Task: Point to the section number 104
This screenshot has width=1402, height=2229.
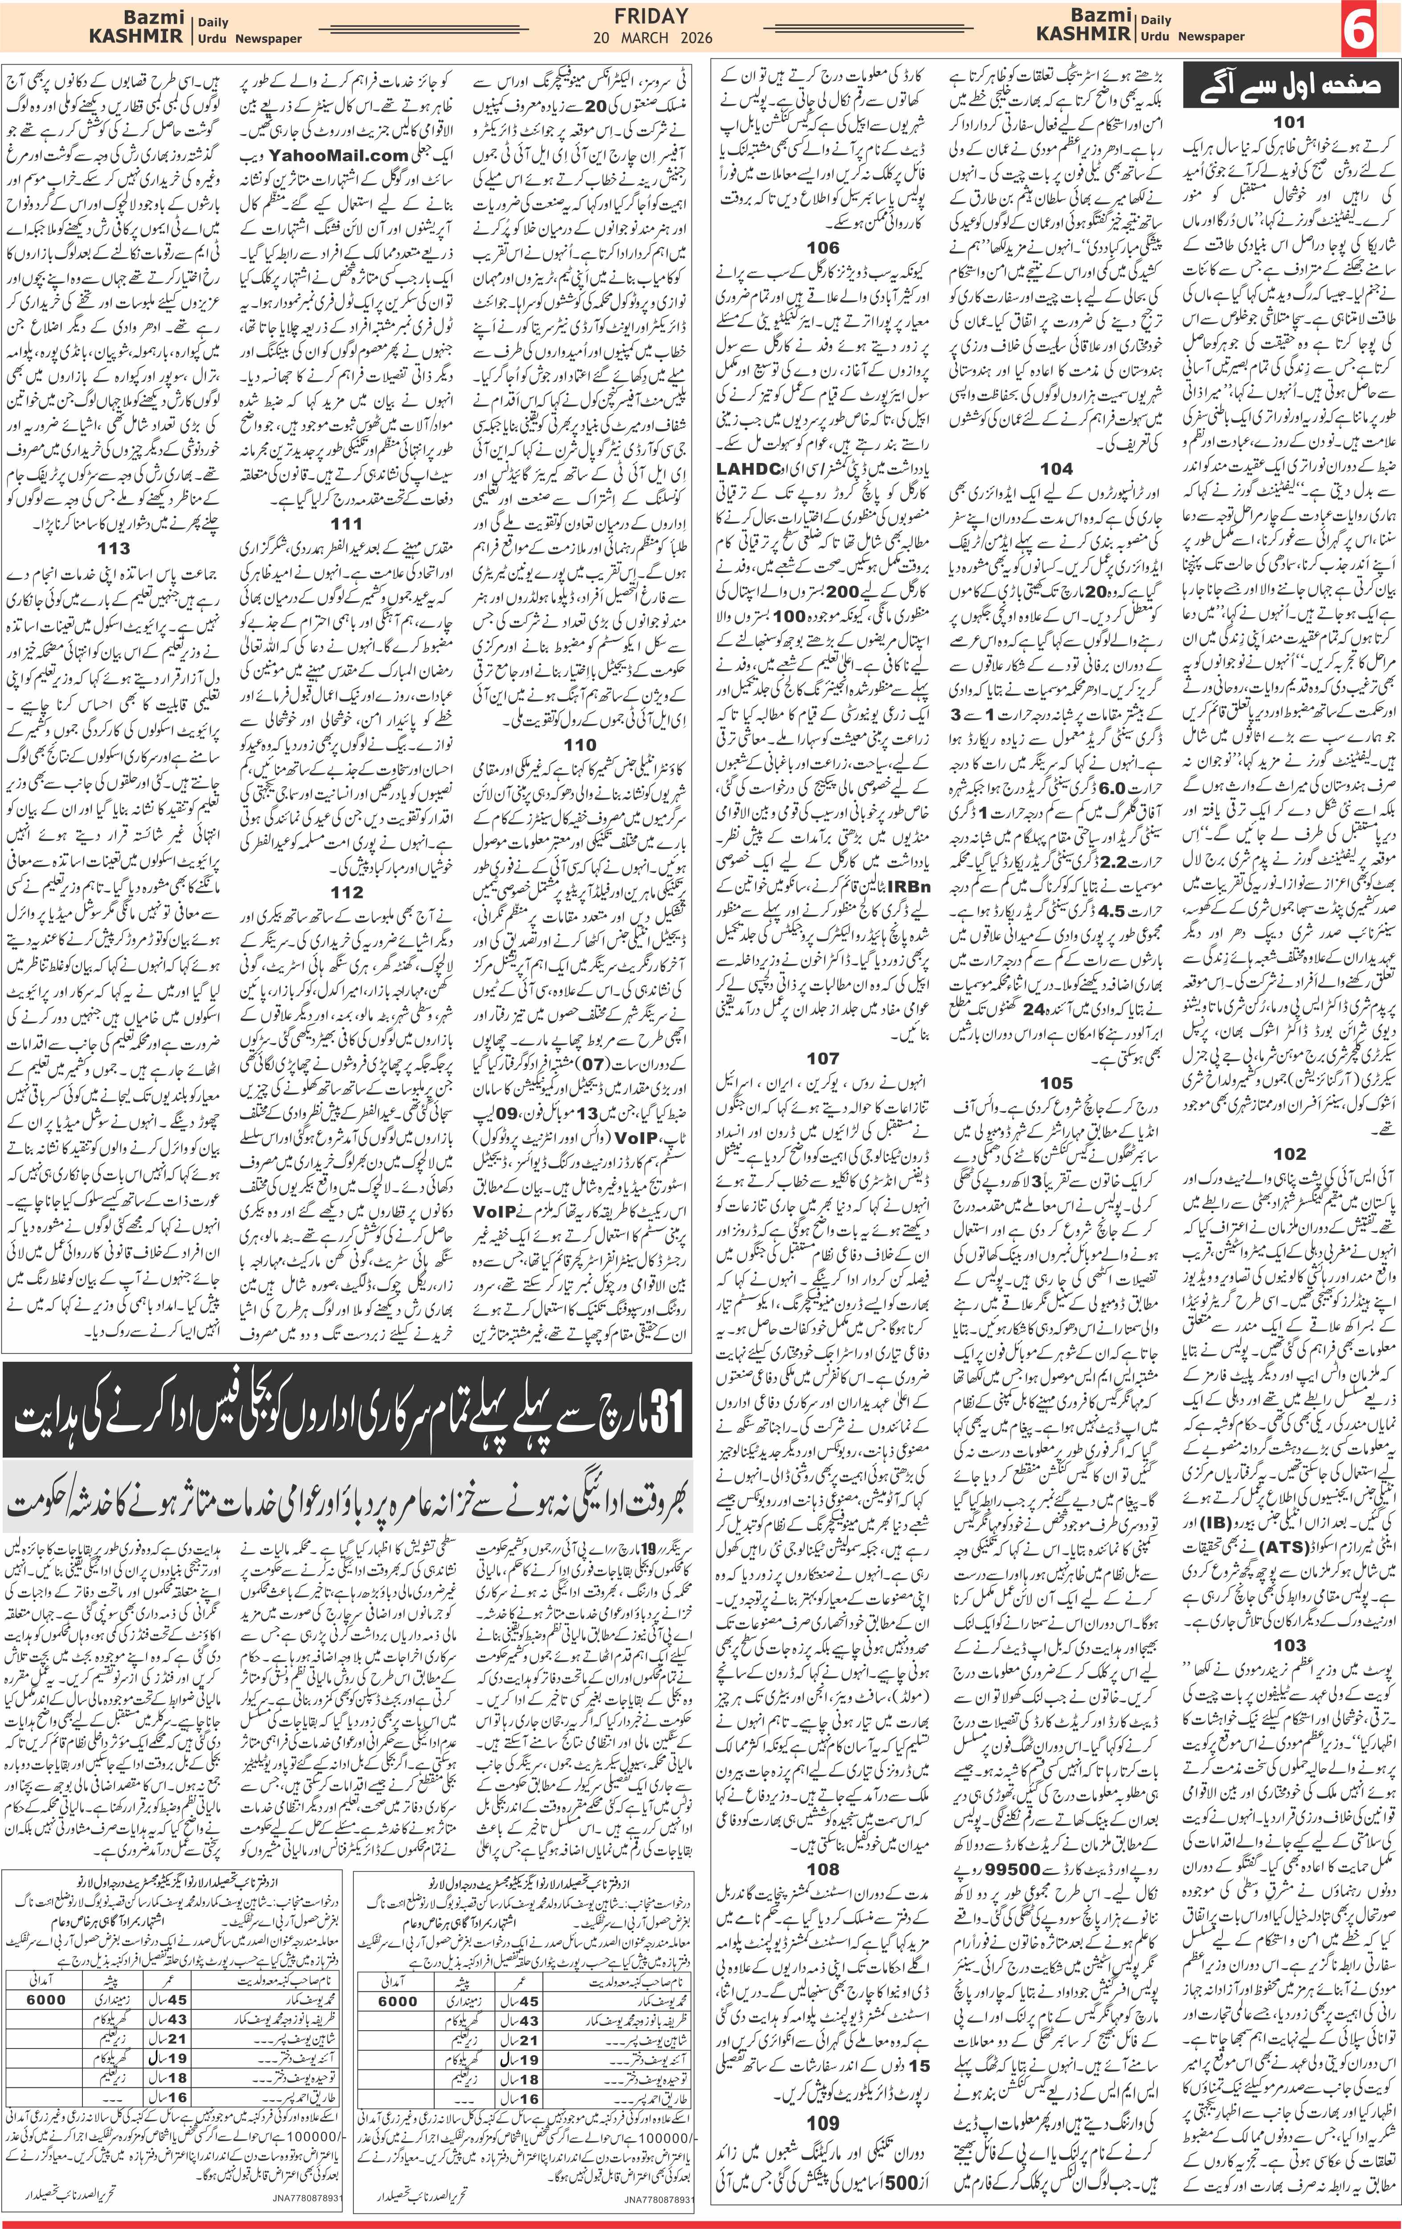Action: [1056, 468]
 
